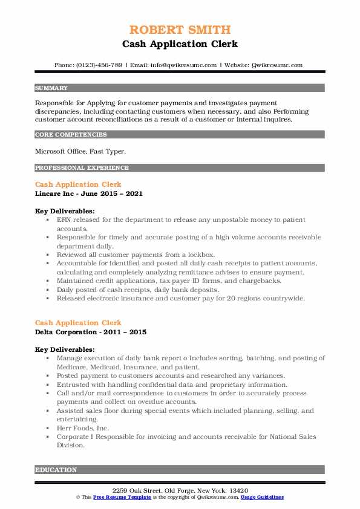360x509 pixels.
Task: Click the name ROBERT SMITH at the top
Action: click(180, 30)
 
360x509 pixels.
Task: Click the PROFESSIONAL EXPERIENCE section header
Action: click(82, 167)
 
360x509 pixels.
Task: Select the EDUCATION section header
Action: click(56, 469)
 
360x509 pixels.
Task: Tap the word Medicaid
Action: click(103, 366)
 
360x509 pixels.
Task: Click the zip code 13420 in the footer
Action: click(238, 490)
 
